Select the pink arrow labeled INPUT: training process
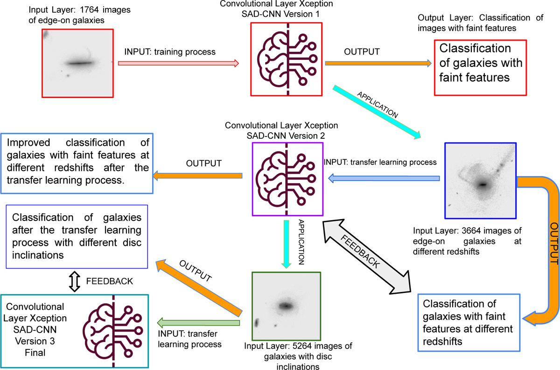[x=178, y=63]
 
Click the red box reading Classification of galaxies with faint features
[x=480, y=68]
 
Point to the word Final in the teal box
[x=35, y=352]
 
